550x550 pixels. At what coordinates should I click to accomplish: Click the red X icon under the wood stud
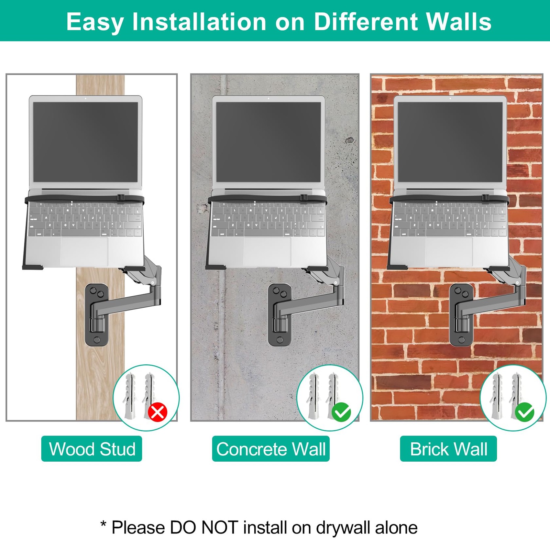click(157, 412)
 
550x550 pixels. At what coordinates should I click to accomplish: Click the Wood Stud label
click(92, 449)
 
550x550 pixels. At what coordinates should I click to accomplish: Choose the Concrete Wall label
click(271, 449)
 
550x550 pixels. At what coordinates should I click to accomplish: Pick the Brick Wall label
click(448, 449)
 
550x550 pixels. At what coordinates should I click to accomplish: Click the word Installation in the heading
click(199, 22)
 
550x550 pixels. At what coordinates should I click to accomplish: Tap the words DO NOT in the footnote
click(204, 527)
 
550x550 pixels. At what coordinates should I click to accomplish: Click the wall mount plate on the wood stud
click(96, 315)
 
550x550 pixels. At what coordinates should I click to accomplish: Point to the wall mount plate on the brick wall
click(461, 315)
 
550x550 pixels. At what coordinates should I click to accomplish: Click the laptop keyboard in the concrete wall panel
click(268, 219)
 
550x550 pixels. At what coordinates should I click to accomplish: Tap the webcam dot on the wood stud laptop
click(86, 98)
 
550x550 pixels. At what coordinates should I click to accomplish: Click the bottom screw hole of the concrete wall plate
click(280, 340)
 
